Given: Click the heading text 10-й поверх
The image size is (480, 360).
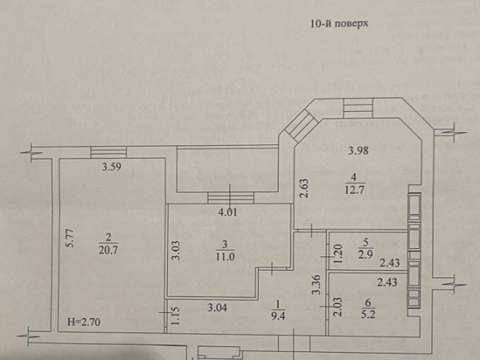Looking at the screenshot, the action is coord(339,24).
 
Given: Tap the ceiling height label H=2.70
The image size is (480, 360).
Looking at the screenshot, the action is coord(84,322).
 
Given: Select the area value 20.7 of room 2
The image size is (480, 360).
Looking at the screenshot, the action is coord(108,250).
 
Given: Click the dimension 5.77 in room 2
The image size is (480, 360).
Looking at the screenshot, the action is coord(71,238).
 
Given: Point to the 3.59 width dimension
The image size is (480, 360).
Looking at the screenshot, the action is coord(111,167).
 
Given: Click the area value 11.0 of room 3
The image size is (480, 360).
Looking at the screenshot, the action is coord(225,256).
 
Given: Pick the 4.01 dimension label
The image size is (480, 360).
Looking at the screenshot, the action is coord(228,212).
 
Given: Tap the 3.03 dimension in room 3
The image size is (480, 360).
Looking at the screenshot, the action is coord(175,251).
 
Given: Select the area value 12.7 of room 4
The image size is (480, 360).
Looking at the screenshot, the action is coord(354,190).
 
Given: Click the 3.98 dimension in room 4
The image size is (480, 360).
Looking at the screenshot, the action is coord(358,151).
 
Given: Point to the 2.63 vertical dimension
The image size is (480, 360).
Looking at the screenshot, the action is coord(304,188).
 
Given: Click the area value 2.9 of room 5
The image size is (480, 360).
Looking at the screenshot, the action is coord(365,255).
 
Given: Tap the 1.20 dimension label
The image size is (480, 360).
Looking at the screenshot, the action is coord(338,254).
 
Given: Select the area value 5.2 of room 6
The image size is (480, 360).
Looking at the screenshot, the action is coord(367,314).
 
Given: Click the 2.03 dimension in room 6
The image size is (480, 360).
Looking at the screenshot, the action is coord(338,307).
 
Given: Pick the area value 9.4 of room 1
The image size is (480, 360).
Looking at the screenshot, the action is coord(278,315).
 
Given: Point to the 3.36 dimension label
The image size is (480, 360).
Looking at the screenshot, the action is coord(316,285).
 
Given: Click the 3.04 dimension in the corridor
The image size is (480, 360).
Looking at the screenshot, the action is coord(217,307).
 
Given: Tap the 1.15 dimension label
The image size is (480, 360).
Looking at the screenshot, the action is coord(175,316).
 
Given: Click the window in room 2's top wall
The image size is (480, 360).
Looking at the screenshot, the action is coord(109,152).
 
